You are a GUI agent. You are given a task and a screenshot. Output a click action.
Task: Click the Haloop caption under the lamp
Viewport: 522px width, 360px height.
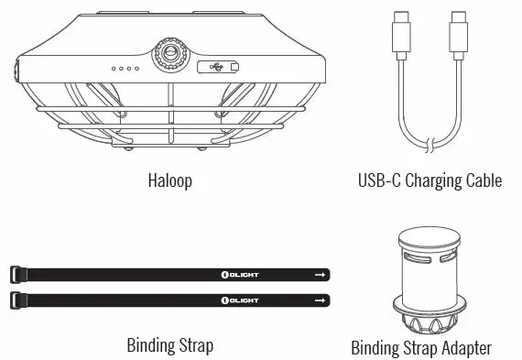(169, 180)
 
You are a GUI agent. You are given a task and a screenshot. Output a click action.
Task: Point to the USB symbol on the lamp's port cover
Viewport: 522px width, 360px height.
(216, 67)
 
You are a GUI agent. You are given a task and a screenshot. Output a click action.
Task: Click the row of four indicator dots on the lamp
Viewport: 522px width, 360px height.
(125, 68)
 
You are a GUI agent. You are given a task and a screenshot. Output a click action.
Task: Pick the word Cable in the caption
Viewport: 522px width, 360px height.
(483, 180)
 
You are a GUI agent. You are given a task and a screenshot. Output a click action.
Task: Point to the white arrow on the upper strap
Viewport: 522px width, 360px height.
(320, 274)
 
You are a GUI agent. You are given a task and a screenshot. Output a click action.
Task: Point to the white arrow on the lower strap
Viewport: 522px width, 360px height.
(320, 300)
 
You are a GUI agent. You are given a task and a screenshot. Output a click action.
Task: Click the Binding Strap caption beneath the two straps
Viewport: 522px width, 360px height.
(169, 345)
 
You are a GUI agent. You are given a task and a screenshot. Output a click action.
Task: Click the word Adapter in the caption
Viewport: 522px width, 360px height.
(465, 348)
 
